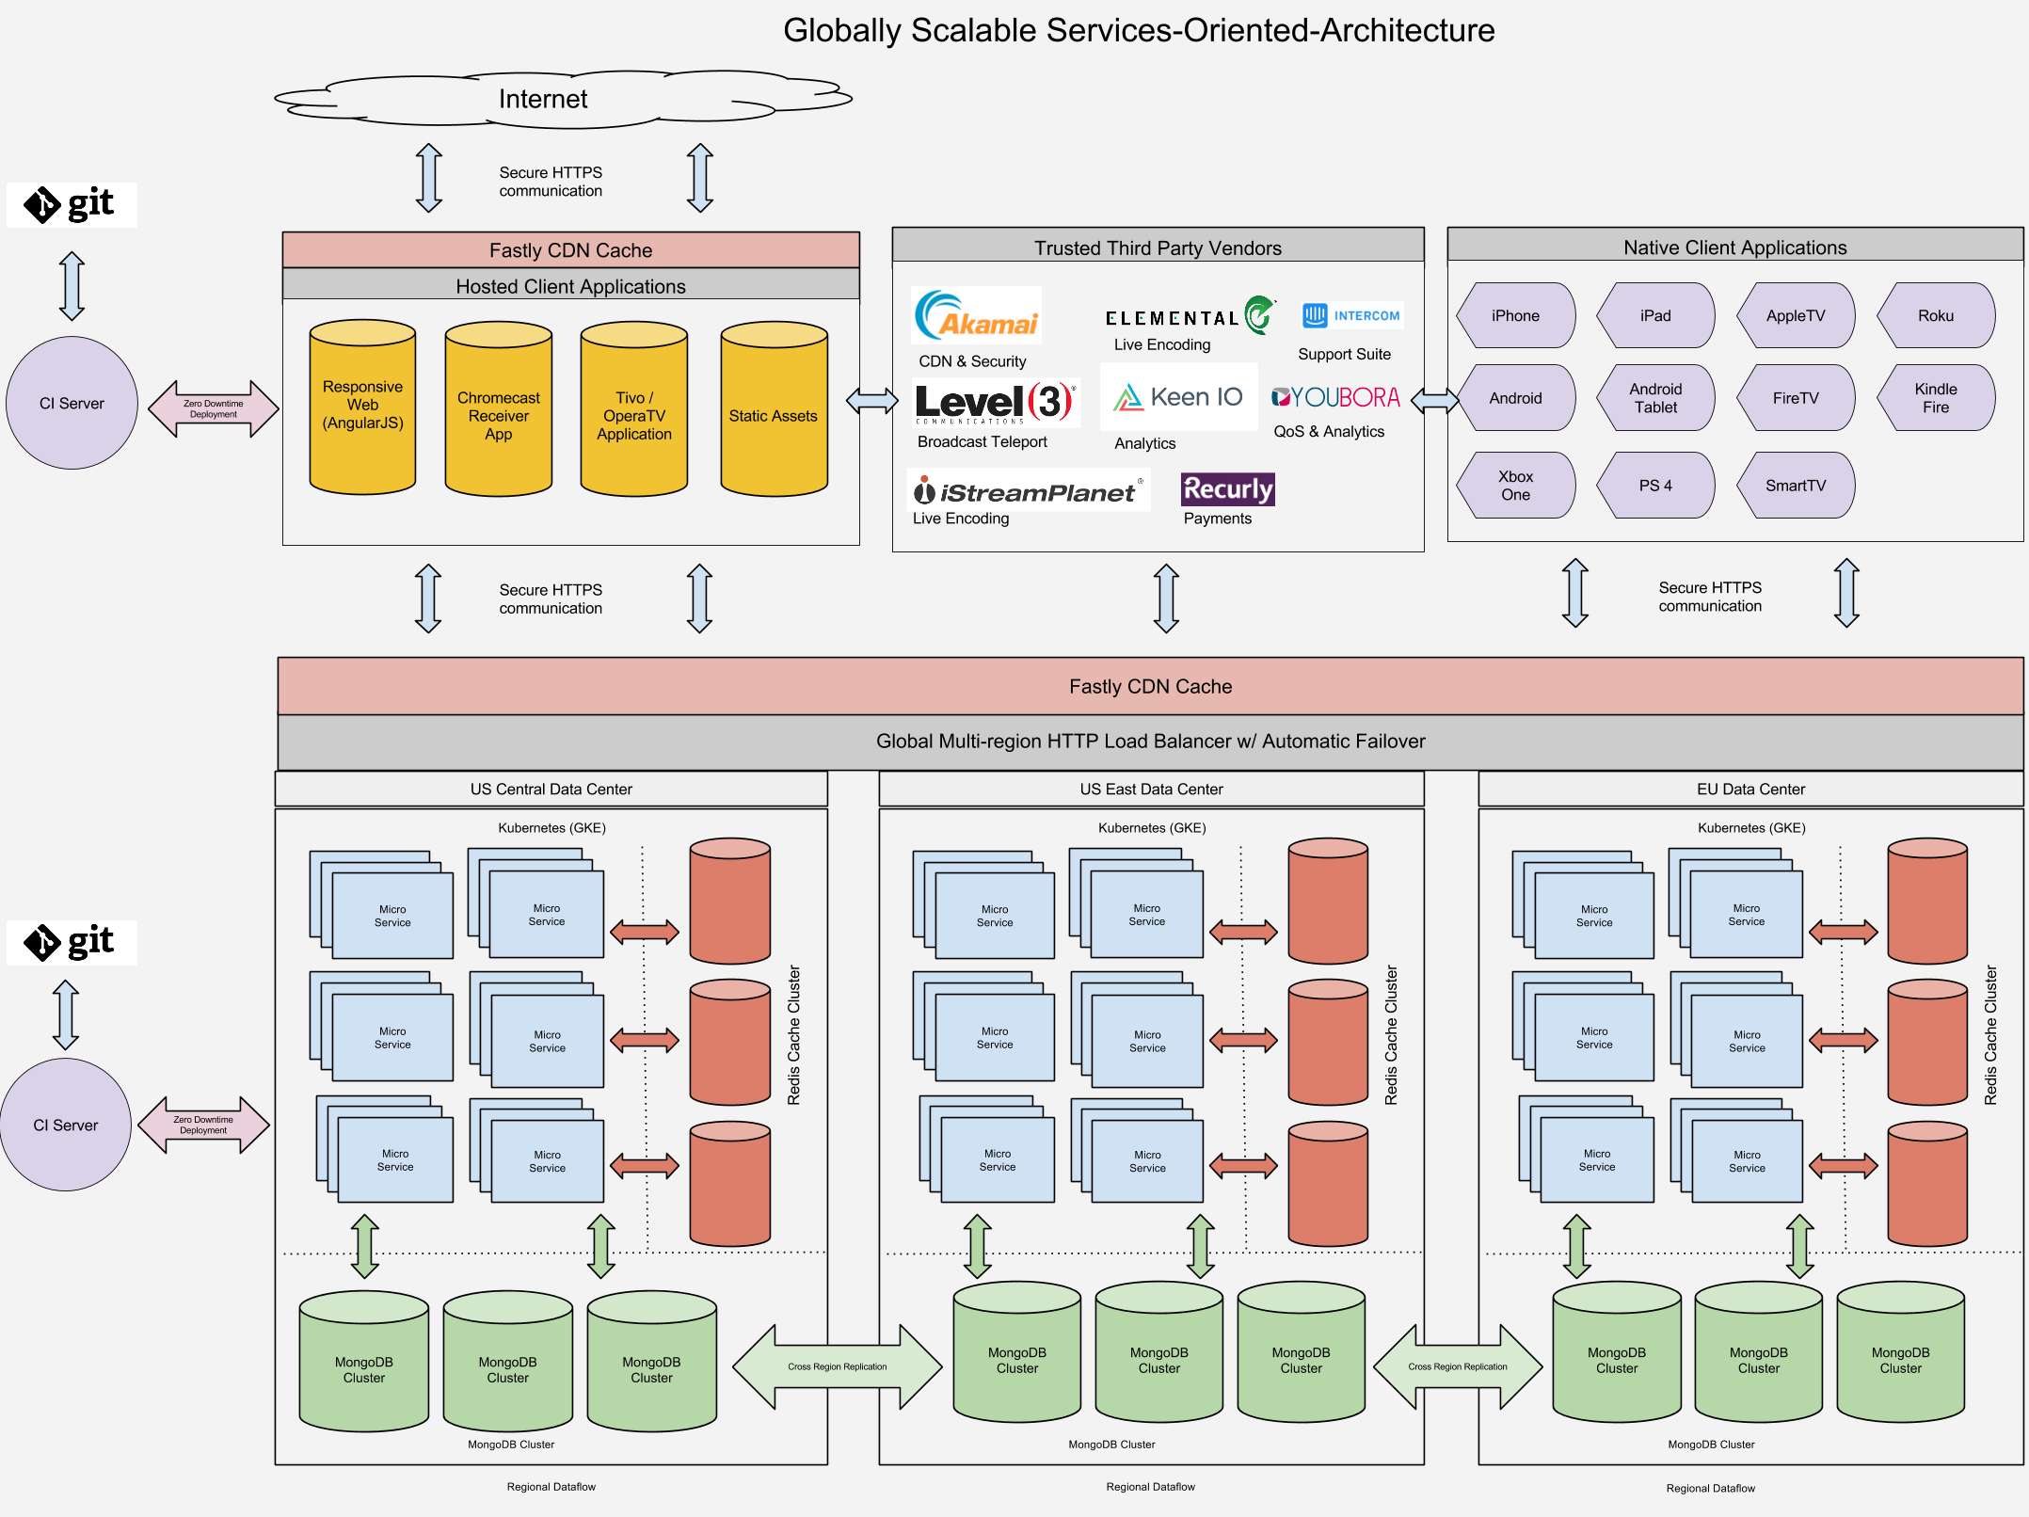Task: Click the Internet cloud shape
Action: [563, 99]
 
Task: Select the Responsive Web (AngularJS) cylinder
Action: [362, 407]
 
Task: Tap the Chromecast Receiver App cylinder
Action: [499, 408]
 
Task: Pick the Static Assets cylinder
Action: [774, 408]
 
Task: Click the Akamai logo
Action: [977, 315]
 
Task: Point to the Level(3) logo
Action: [996, 402]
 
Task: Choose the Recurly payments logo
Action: [1228, 489]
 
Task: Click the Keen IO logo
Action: [1178, 397]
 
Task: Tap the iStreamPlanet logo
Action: [1029, 490]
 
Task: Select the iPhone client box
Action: [1515, 315]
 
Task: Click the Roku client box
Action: [1936, 315]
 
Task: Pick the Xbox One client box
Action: [1515, 485]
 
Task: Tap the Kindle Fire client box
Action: [1936, 397]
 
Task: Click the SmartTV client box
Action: [1796, 485]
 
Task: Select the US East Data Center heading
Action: [1151, 789]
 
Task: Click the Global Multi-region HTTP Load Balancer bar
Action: [1150, 742]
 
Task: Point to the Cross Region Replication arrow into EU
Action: [1458, 1366]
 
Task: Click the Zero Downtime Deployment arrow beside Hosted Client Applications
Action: [214, 408]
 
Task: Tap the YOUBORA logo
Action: [1335, 397]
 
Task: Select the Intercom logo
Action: [1351, 315]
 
